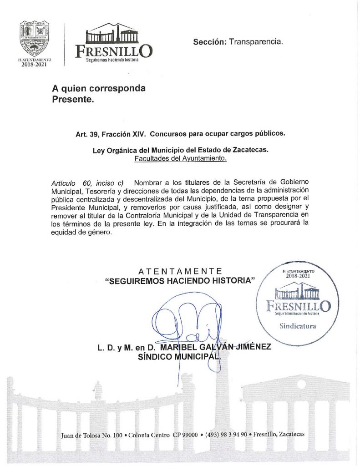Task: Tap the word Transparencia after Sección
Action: [x=256, y=42]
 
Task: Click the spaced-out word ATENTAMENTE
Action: [x=180, y=272]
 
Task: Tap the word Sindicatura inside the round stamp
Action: [x=297, y=326]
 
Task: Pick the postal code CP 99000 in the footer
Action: [x=185, y=435]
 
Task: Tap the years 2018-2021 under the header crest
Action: [x=35, y=64]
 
